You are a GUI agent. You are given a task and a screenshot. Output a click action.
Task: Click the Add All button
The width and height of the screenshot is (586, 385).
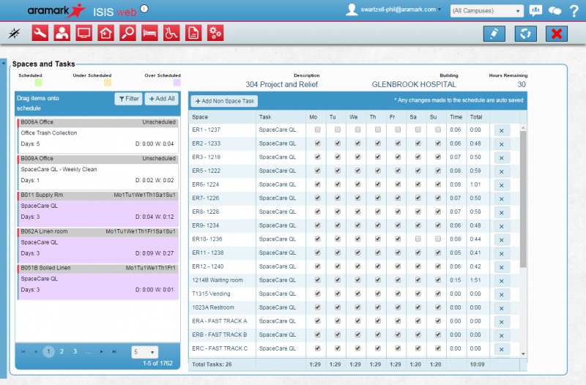coord(160,98)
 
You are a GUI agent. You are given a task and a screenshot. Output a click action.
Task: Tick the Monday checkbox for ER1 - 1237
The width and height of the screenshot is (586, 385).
coord(317,130)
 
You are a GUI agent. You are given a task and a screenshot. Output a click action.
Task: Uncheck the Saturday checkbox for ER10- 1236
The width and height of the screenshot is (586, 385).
coord(418,239)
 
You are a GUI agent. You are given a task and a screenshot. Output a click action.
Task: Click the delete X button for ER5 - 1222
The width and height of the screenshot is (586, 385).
coord(502,171)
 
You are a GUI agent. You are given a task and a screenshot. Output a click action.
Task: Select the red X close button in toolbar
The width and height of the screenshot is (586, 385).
coord(557,33)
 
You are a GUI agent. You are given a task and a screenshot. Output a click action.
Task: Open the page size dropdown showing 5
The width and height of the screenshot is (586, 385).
coord(144,352)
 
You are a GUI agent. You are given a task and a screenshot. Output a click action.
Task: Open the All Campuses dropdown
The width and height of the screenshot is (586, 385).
coord(486,11)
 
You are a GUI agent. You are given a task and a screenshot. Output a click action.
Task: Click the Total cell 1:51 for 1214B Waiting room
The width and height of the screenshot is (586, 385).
coord(475,280)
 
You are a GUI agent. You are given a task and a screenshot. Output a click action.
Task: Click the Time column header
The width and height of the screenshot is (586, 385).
coord(456,116)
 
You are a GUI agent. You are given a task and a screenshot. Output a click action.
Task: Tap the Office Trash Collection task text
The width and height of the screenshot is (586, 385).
coord(49,133)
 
